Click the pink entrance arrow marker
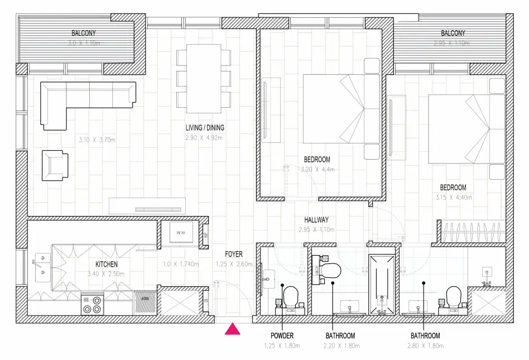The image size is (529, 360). pyautogui.click(x=232, y=329)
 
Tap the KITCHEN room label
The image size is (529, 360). pyautogui.click(x=106, y=264)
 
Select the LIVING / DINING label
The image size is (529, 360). pyautogui.click(x=205, y=128)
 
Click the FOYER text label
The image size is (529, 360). pyautogui.click(x=234, y=255)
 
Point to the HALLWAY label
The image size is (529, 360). pyautogui.click(x=316, y=220)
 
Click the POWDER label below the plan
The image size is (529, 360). pyautogui.click(x=282, y=335)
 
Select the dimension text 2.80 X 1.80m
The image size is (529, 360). pyautogui.click(x=425, y=345)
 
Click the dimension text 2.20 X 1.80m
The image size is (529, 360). pyautogui.click(x=340, y=345)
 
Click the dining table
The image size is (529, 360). pyautogui.click(x=204, y=79)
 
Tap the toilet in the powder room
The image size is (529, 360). pyautogui.click(x=291, y=297)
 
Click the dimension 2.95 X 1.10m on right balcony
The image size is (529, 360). pyautogui.click(x=453, y=43)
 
